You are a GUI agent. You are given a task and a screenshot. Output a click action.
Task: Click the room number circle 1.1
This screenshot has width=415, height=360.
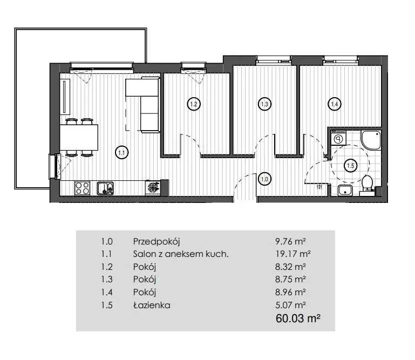122,152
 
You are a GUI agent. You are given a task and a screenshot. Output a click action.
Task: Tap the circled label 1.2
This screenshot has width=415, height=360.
194,104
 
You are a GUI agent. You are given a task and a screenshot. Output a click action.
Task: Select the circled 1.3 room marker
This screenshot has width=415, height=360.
264,104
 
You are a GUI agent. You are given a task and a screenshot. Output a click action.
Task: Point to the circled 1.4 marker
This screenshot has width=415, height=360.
335,104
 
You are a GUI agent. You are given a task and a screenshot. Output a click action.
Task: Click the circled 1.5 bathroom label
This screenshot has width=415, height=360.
350,166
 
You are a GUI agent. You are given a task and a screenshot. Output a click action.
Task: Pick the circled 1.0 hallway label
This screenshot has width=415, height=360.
264,179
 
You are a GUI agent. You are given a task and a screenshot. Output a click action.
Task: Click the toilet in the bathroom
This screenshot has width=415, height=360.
367,183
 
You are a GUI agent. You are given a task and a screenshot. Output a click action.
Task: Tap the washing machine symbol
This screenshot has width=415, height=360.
338,138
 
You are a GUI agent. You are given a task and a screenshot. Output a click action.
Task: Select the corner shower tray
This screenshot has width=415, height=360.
371,140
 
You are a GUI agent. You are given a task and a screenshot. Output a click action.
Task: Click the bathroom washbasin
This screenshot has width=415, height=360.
345,191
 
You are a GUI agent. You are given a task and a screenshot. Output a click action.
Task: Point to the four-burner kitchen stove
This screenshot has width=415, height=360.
82,188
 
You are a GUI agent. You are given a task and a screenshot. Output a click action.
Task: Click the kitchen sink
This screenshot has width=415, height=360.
105,188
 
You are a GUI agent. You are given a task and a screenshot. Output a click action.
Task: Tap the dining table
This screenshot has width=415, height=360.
79,138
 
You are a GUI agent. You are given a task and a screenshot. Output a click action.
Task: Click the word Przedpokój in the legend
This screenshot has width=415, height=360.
157,242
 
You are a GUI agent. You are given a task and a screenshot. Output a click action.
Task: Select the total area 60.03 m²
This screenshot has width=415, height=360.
298,318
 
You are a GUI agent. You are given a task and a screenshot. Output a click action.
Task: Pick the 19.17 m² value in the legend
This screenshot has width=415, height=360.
292,254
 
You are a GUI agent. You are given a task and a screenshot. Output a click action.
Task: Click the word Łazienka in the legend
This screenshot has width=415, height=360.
152,305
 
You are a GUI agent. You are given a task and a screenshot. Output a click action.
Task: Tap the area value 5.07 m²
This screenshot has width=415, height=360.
290,305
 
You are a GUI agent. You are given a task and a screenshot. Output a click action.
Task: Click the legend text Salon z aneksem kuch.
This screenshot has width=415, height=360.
181,254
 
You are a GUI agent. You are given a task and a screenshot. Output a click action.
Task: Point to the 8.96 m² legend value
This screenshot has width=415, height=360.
290,292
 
